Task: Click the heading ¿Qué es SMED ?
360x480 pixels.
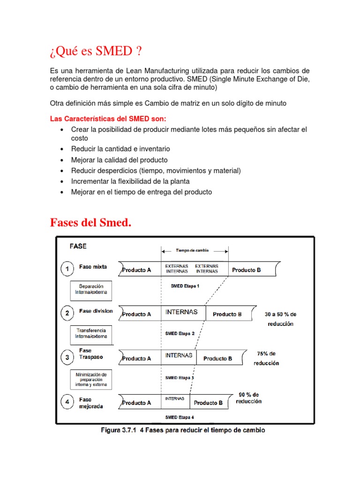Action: (96, 50)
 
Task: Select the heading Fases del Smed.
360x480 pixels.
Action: (90, 223)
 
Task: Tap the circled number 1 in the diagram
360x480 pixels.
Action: (67, 269)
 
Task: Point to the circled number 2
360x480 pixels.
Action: (67, 313)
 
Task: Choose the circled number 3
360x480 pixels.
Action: (67, 358)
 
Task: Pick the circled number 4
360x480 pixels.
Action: (67, 402)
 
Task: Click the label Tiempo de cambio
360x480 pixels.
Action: (195, 250)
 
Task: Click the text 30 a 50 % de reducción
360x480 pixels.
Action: (280, 319)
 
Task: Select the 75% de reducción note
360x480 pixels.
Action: (266, 358)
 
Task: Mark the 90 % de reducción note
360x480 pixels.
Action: (248, 398)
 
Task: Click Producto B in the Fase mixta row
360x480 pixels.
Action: (247, 270)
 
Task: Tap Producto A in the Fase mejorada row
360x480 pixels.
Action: (136, 403)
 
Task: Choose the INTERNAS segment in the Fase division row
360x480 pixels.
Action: (181, 312)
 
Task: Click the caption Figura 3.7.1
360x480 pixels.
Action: (183, 430)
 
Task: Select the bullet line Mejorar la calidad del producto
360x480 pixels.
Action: (119, 160)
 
